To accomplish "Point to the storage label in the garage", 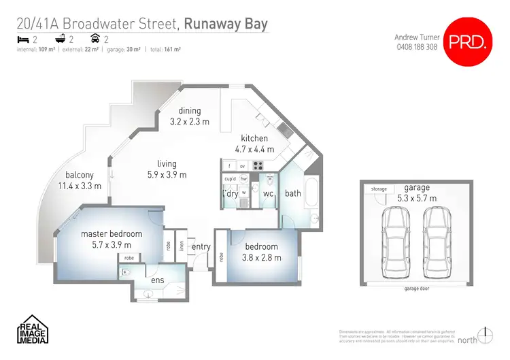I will click(x=379, y=189).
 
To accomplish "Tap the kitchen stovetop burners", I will click(x=258, y=165).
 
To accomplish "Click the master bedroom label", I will click(x=112, y=234).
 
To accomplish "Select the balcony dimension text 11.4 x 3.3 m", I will click(x=80, y=186).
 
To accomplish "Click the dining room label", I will click(x=190, y=112).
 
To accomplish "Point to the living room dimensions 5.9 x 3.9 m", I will click(x=167, y=174).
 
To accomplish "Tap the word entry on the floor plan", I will click(x=201, y=247).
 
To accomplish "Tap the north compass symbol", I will click(x=485, y=336).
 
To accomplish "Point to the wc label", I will click(x=268, y=193).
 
